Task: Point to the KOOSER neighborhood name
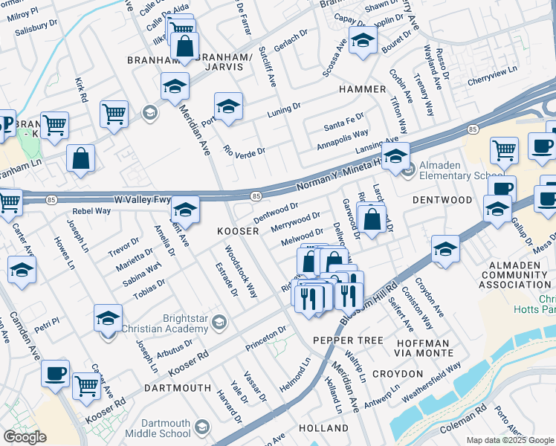pos(237,231)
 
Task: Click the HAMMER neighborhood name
pos(363,89)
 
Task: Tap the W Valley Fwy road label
pos(142,199)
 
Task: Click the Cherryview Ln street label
pos(494,71)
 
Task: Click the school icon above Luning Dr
pos(229,105)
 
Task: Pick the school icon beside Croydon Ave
pos(445,248)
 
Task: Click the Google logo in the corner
pos(25,437)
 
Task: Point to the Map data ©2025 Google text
pos(509,440)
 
